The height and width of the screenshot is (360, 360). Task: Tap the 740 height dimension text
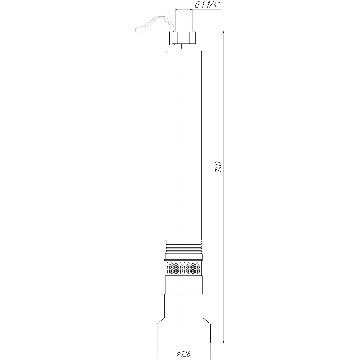[x=219, y=167]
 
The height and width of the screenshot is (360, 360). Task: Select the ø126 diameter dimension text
[x=184, y=354]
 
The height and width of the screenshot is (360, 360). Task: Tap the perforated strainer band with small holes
[x=184, y=268]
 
